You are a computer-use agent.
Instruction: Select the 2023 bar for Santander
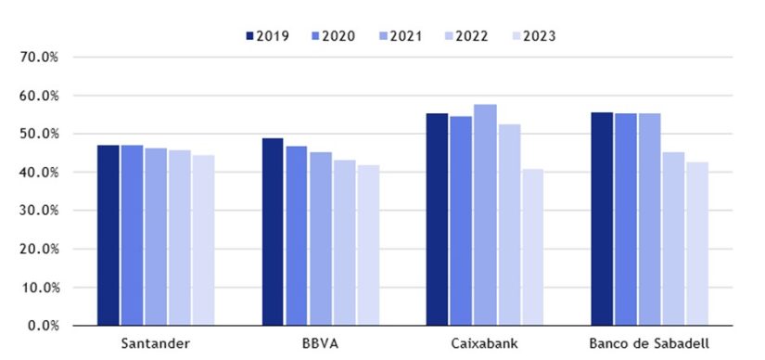pos(204,240)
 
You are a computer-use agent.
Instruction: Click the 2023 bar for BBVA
pos(368,246)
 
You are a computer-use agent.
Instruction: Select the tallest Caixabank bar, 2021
pos(485,215)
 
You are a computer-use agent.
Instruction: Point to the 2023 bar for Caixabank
pos(532,248)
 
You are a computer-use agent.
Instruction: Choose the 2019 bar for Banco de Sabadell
pos(601,219)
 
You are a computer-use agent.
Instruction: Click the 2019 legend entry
pos(267,36)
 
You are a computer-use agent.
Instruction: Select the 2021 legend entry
pos(401,36)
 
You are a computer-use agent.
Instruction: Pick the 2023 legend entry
pos(533,36)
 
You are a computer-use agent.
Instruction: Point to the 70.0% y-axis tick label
pos(39,58)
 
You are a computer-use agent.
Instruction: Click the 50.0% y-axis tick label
pos(39,135)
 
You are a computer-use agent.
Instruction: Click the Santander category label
pos(156,344)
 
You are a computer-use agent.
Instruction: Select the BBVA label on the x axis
pos(320,344)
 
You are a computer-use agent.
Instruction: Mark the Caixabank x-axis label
pos(484,344)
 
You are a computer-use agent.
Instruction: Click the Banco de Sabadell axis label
pos(648,344)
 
